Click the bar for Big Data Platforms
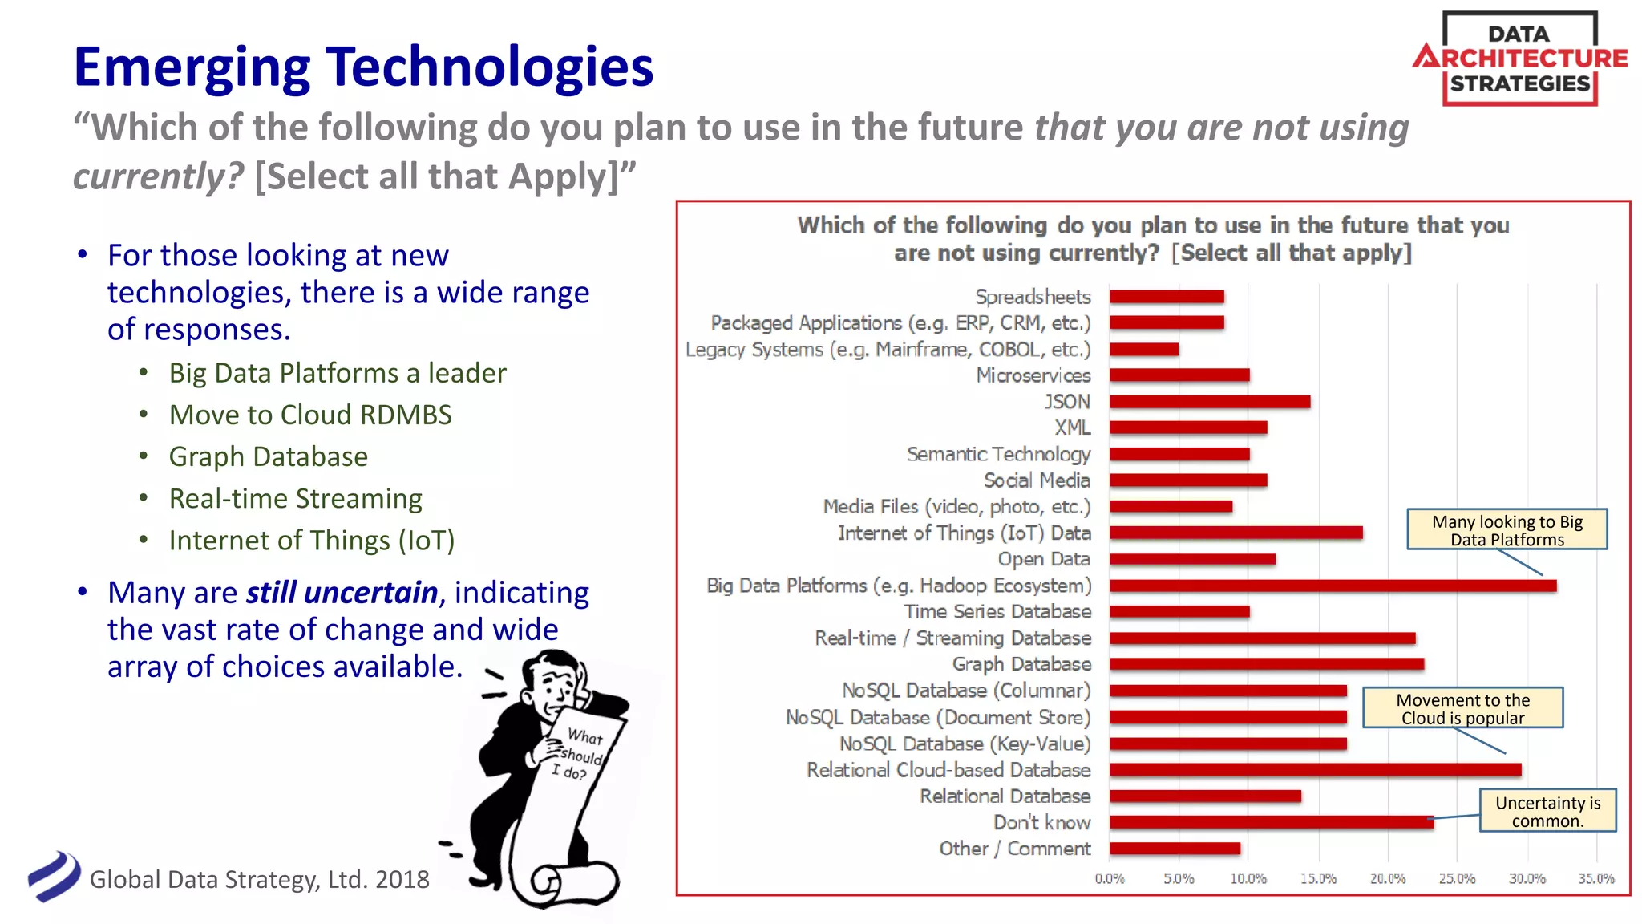coord(1333,586)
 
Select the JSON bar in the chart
coord(1209,402)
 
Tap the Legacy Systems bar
coord(1143,350)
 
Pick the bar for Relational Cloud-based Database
coord(1315,770)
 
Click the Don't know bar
coord(1271,822)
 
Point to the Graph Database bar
coord(1266,664)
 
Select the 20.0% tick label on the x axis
coord(1387,879)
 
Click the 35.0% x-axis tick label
coord(1595,879)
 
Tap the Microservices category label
coord(1033,375)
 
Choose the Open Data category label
coord(1044,559)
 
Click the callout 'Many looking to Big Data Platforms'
coord(1507,530)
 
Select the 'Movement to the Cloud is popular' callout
coord(1462,708)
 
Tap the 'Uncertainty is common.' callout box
coord(1547,811)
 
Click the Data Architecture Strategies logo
coord(1519,59)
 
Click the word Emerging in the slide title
coord(192,67)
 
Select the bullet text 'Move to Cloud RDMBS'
coord(310,415)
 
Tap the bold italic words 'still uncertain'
coord(342,593)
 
